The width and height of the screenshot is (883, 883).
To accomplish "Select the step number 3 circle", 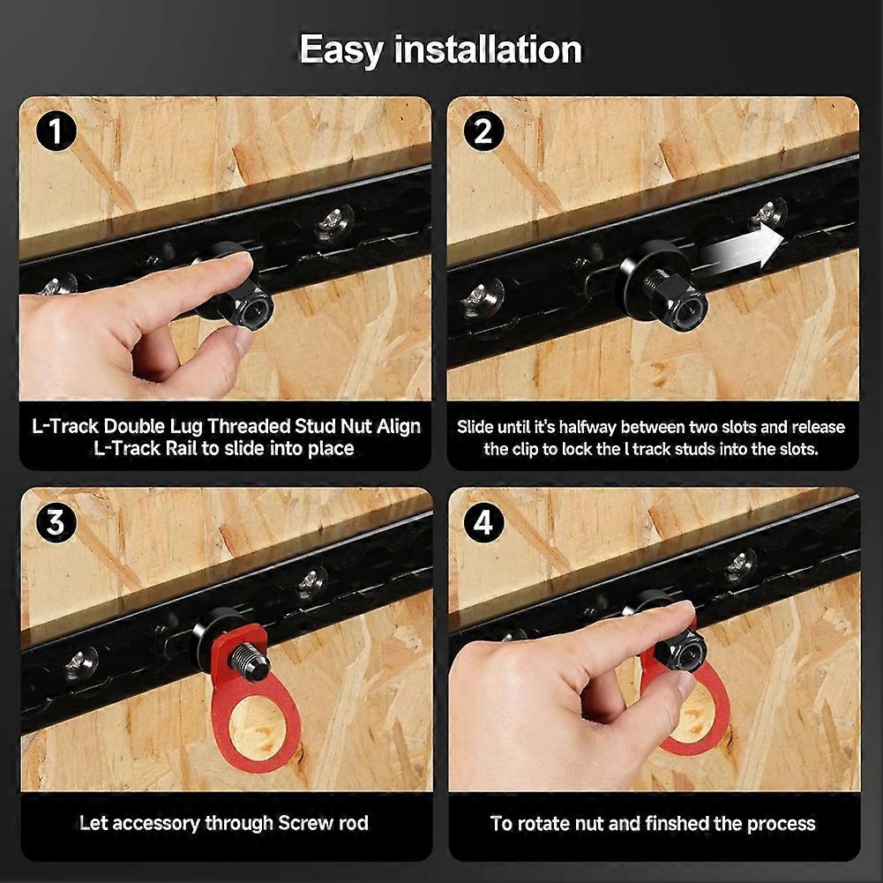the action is pos(56,523).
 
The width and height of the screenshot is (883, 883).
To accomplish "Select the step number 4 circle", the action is pos(483,523).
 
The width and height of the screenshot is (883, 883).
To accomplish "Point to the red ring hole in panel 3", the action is pos(257,724).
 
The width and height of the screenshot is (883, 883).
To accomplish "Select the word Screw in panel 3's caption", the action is pos(303,824).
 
